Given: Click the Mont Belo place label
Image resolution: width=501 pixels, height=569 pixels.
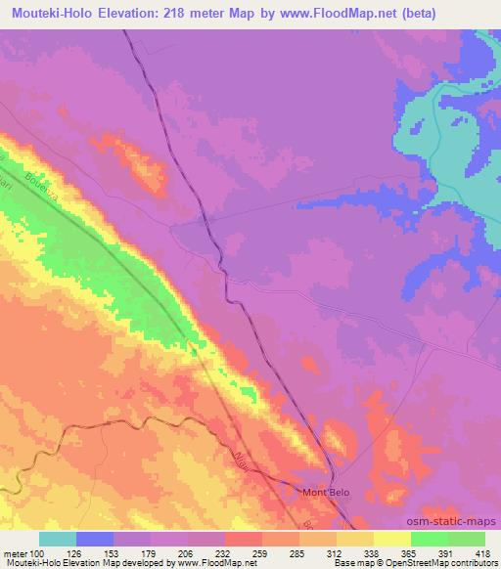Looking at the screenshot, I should [x=324, y=492].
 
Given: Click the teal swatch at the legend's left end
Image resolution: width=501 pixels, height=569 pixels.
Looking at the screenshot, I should [x=58, y=539].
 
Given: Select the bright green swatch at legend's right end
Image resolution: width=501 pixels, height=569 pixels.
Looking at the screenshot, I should [x=466, y=539].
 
